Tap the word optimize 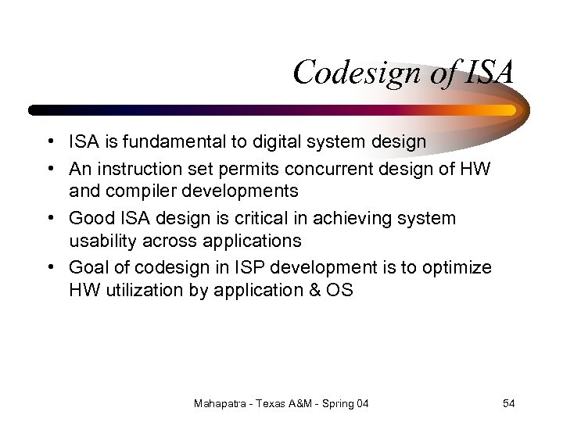(457, 267)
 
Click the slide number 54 (508, 403)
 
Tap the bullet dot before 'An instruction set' (49, 167)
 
